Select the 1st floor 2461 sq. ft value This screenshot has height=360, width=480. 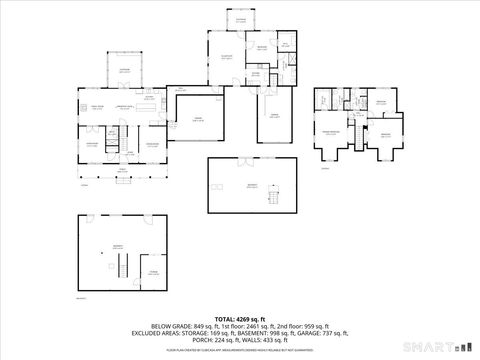248,325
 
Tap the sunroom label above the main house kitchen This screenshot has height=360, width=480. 125,69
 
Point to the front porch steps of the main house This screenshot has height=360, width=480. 124,176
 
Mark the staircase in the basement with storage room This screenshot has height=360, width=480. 121,266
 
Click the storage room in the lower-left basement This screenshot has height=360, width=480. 153,272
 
